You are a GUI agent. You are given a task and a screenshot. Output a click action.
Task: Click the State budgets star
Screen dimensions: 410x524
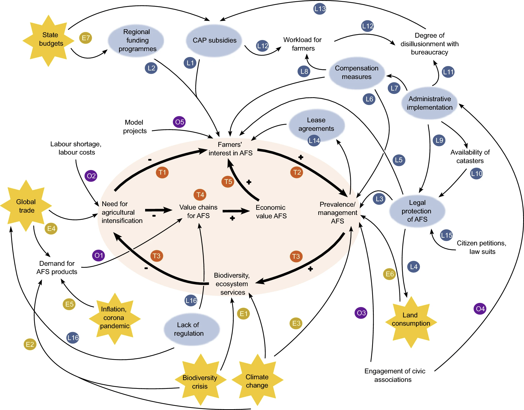[49, 40]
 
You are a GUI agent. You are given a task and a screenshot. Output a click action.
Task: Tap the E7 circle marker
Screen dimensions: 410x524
[86, 38]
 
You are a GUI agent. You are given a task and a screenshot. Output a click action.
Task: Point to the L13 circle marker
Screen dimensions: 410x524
[320, 9]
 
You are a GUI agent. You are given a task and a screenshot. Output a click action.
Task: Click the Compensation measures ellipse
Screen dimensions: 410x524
[357, 73]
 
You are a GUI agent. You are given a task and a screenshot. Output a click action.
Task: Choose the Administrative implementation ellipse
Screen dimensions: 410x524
[429, 103]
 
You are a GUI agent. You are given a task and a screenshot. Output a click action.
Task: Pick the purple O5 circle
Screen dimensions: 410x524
[179, 122]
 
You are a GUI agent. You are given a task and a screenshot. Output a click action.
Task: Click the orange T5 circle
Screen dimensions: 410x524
[228, 182]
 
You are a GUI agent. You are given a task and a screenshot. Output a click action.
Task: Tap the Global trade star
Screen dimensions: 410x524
[26, 206]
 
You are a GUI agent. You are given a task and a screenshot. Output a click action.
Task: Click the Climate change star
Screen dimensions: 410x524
[257, 381]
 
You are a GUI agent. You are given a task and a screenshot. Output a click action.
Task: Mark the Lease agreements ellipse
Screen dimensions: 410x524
[317, 125]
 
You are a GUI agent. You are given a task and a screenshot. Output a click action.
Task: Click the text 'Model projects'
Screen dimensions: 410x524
[135, 126]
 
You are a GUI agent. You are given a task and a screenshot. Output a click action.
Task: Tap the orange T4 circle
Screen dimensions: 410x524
[200, 195]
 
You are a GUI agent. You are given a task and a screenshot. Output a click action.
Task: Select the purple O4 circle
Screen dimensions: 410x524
[480, 309]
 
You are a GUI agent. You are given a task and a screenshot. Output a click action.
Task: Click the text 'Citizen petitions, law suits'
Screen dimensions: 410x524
[481, 247]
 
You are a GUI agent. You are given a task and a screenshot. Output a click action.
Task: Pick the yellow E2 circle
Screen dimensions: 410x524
[30, 344]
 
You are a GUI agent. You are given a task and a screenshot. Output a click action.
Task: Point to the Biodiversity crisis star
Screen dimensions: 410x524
[200, 381]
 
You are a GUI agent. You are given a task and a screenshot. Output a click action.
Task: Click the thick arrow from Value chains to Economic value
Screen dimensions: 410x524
[236, 211]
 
